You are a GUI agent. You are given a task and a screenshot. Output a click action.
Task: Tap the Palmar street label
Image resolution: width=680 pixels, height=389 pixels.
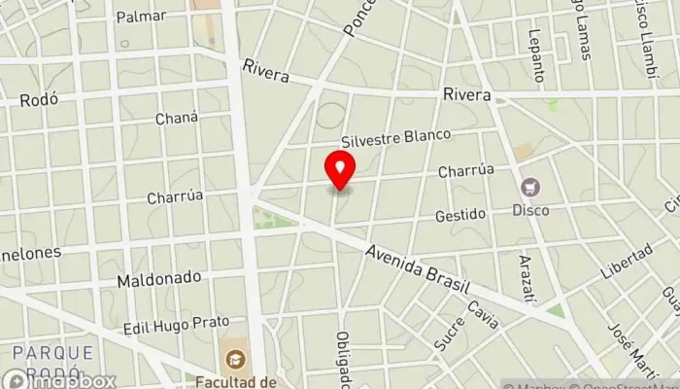click(x=141, y=17)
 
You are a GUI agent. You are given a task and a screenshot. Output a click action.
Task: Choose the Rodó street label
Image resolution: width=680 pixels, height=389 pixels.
click(x=39, y=98)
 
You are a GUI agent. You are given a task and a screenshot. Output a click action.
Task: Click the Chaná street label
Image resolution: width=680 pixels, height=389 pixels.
click(x=177, y=118)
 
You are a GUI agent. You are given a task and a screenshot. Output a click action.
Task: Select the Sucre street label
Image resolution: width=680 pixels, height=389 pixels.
click(x=451, y=333)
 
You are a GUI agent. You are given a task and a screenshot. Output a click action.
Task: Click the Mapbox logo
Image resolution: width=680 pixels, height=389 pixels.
click(x=58, y=380)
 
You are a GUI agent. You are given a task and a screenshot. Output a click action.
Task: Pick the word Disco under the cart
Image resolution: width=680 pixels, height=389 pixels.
click(x=531, y=210)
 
